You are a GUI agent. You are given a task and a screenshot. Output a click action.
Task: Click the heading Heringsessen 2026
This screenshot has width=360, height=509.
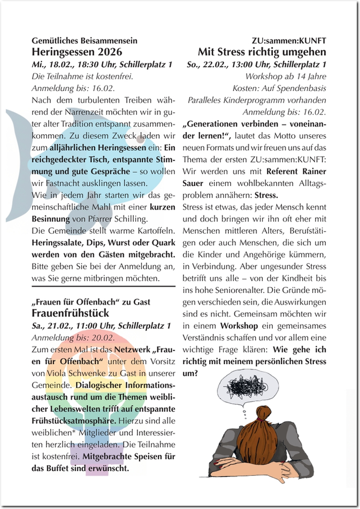[77, 52]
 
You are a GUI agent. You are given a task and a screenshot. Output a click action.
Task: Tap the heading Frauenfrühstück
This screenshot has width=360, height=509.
[71, 313]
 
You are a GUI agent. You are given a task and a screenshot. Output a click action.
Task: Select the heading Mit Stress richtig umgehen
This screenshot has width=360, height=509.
[262, 52]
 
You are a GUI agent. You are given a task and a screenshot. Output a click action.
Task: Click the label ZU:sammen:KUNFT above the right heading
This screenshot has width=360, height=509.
[289, 41]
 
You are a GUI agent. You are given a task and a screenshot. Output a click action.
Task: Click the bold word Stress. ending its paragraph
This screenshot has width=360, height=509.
[266, 195]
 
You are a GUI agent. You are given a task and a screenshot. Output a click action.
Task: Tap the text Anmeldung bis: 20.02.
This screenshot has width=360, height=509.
[73, 337]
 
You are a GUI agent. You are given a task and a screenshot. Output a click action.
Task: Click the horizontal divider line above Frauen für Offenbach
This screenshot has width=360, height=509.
[103, 287]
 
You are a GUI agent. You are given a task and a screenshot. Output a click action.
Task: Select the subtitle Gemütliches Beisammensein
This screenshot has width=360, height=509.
[85, 41]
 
